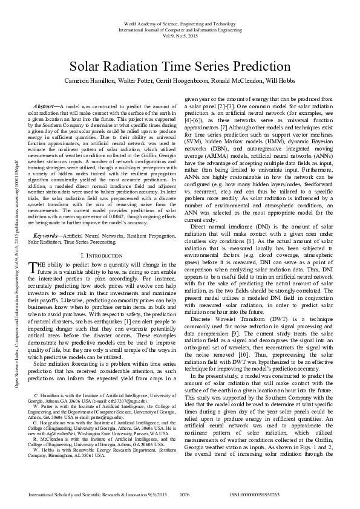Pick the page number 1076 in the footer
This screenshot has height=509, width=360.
tap(185, 495)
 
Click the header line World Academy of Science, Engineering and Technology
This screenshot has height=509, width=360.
tap(180, 22)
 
